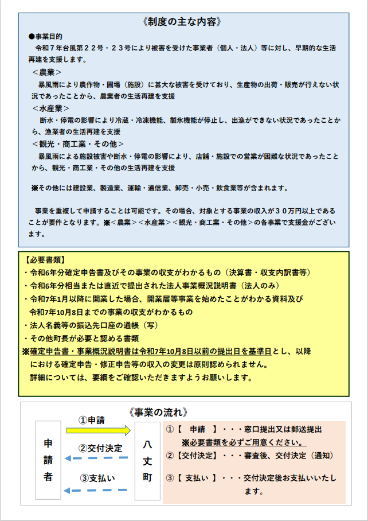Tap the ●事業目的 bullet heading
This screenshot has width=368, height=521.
point(48,36)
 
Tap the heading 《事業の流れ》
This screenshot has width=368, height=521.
point(159,413)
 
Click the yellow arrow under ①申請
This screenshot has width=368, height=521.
point(98,430)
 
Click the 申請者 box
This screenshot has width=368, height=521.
point(48,460)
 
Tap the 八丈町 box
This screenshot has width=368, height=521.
point(147,460)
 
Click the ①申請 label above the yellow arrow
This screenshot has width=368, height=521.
point(92,420)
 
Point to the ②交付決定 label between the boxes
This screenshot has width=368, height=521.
point(100,448)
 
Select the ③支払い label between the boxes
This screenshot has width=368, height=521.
point(97,479)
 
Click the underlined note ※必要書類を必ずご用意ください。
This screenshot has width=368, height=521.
point(244,442)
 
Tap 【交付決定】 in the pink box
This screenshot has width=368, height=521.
point(194,456)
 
